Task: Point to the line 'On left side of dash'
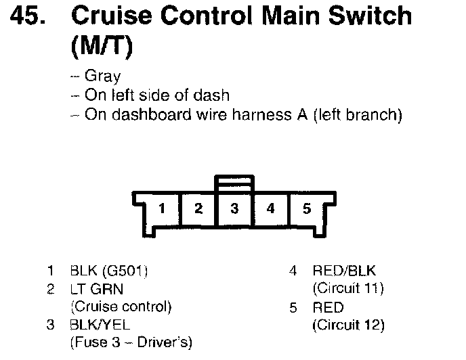click(x=157, y=95)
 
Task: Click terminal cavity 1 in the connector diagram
click(x=162, y=208)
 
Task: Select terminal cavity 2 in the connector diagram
click(x=198, y=208)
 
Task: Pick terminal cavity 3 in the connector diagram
click(x=234, y=208)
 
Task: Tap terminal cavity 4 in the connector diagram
click(x=270, y=208)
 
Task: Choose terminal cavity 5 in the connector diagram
click(x=306, y=208)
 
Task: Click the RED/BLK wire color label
click(x=343, y=271)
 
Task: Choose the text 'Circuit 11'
click(x=348, y=289)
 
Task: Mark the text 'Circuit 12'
click(x=348, y=325)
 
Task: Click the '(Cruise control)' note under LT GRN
click(x=121, y=307)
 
